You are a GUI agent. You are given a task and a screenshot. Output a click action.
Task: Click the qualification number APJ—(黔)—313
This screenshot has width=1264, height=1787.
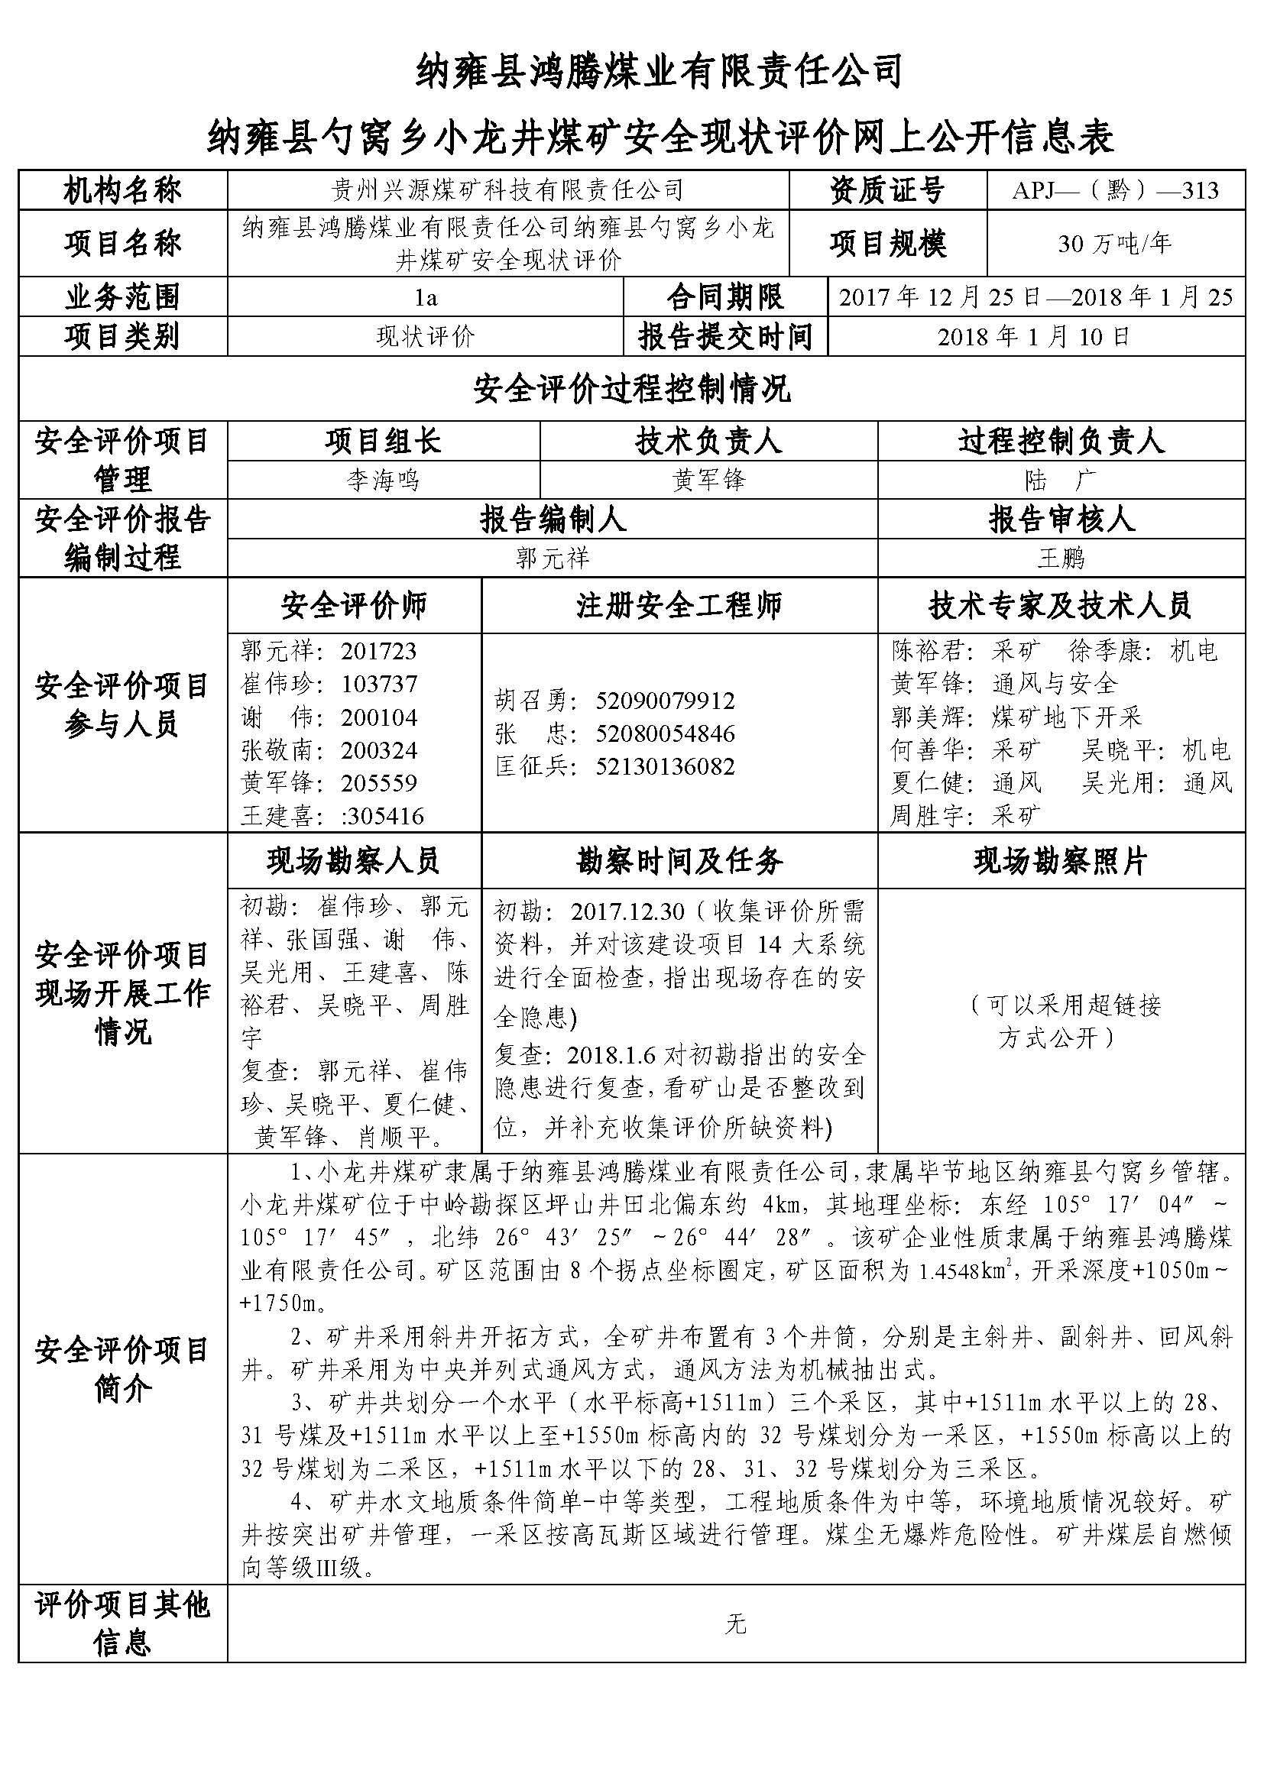coord(1114,190)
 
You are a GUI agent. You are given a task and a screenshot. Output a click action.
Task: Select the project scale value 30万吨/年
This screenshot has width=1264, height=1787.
coord(1114,244)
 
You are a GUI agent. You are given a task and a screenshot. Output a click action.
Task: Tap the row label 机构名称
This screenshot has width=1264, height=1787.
coord(122,190)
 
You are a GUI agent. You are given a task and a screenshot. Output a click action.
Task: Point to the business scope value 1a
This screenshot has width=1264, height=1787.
coord(426,297)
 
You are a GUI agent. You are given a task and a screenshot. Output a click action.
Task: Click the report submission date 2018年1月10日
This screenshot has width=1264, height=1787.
coord(1034,337)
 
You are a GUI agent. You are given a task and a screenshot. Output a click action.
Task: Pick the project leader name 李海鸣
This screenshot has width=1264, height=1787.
coord(383,480)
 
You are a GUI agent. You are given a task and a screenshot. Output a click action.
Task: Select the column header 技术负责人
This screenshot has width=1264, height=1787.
coord(708,442)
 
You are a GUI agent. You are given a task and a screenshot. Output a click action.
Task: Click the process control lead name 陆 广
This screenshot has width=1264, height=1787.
coord(1060,480)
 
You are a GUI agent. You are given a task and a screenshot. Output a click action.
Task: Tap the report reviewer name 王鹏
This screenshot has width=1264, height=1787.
coord(1060,558)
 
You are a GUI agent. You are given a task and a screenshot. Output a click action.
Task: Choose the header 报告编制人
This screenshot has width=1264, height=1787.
coord(552,519)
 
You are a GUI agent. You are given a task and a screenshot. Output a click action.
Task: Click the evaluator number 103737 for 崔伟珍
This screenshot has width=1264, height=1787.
coord(379,684)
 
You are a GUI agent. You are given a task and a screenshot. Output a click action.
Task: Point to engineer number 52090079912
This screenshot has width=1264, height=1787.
coord(666,701)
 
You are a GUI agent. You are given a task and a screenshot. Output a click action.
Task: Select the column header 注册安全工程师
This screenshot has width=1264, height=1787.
coord(679,606)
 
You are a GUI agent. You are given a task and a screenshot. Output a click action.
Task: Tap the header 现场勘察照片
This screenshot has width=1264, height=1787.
coord(1060,861)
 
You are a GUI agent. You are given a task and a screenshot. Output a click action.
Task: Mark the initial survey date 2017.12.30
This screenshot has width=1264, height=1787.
coord(627,911)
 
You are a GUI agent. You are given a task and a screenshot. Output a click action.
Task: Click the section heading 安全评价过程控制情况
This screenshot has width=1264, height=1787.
coord(631,389)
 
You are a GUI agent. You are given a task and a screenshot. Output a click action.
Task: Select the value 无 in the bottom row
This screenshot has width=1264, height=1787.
coord(734,1624)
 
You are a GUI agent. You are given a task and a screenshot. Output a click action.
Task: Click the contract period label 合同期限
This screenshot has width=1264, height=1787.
coord(725,297)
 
